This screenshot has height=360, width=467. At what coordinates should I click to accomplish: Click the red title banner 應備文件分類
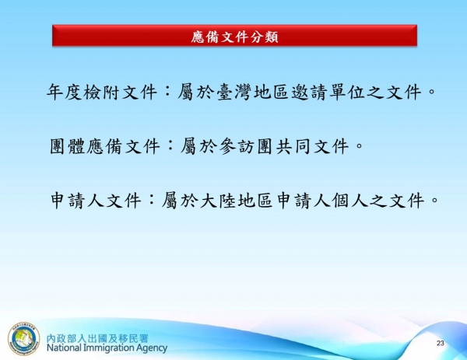234,36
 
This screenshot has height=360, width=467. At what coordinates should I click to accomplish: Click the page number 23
440,344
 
